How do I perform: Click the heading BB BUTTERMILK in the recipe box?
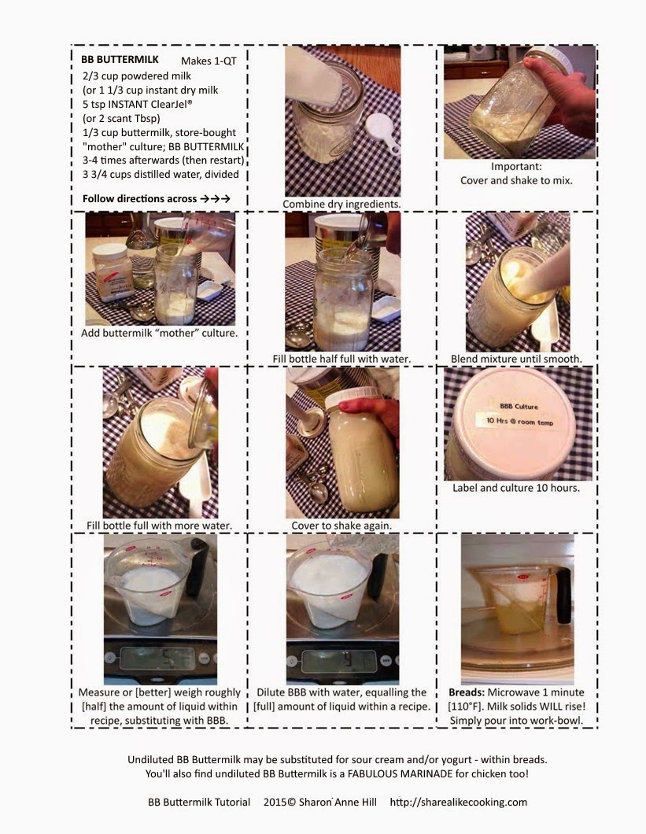click(x=120, y=60)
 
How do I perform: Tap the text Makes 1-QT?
click(x=209, y=61)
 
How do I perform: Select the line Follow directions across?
click(x=139, y=199)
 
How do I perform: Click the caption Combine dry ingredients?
click(x=341, y=205)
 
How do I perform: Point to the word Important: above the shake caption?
click(x=516, y=167)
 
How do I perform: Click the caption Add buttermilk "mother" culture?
click(x=159, y=333)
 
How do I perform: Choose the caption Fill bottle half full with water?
click(x=341, y=359)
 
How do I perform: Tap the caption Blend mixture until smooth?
click(x=516, y=359)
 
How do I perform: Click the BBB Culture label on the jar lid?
click(x=519, y=406)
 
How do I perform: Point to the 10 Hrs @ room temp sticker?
click(x=520, y=421)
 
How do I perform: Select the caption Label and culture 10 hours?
click(x=516, y=488)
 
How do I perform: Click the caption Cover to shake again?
click(x=341, y=526)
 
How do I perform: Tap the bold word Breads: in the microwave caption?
click(x=467, y=692)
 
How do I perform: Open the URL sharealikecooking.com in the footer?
click(x=459, y=802)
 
